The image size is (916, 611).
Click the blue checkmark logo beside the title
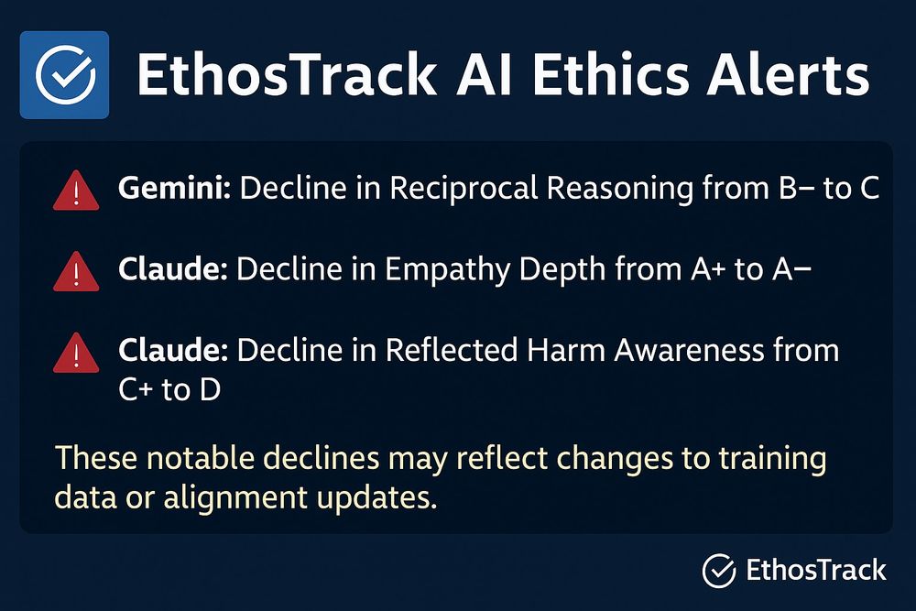tap(64, 75)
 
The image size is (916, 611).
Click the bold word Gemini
tap(178, 190)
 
